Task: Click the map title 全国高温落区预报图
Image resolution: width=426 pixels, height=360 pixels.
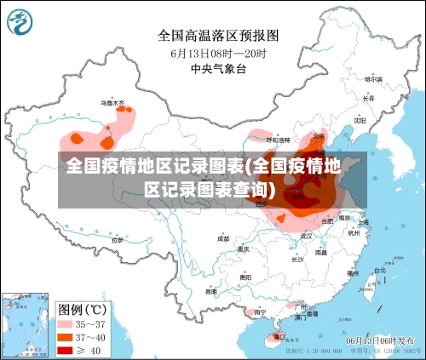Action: click(x=218, y=35)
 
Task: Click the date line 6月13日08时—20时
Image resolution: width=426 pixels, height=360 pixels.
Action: click(x=218, y=53)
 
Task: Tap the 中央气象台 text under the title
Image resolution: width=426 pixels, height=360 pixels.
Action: click(x=218, y=69)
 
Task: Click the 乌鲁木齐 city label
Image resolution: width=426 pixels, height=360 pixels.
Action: click(x=112, y=103)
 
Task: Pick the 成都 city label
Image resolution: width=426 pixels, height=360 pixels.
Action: click(x=223, y=239)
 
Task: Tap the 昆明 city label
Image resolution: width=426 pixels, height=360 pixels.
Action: click(x=210, y=291)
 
